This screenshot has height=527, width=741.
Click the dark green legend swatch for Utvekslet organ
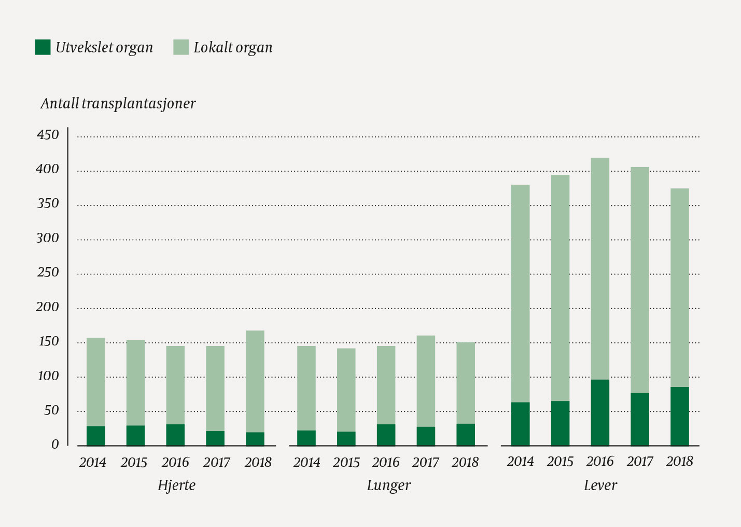tap(43, 47)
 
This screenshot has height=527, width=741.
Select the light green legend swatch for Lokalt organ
tap(180, 47)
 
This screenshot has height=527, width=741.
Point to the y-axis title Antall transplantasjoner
tap(118, 103)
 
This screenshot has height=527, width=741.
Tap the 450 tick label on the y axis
tap(48, 135)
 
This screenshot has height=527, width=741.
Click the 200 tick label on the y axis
tap(48, 307)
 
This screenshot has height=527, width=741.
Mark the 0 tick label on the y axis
tap(55, 445)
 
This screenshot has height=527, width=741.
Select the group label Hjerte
tap(177, 486)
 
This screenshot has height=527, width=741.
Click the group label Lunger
tap(388, 486)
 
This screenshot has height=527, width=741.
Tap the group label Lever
tap(600, 486)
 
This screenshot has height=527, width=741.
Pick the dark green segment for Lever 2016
tap(600, 412)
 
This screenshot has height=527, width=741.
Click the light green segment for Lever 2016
tap(600, 269)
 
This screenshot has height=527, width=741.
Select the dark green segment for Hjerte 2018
tap(255, 439)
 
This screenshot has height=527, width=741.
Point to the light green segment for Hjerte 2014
tap(95, 382)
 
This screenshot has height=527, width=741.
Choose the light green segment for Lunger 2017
tap(426, 381)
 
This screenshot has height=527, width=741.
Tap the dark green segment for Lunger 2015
tap(346, 438)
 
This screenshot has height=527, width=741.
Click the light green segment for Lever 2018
tap(679, 287)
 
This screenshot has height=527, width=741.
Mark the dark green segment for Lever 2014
tap(520, 424)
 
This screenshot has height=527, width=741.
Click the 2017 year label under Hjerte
tap(217, 462)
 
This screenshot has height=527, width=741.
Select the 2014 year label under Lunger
tap(306, 462)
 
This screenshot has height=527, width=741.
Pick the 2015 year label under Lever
tap(560, 461)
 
